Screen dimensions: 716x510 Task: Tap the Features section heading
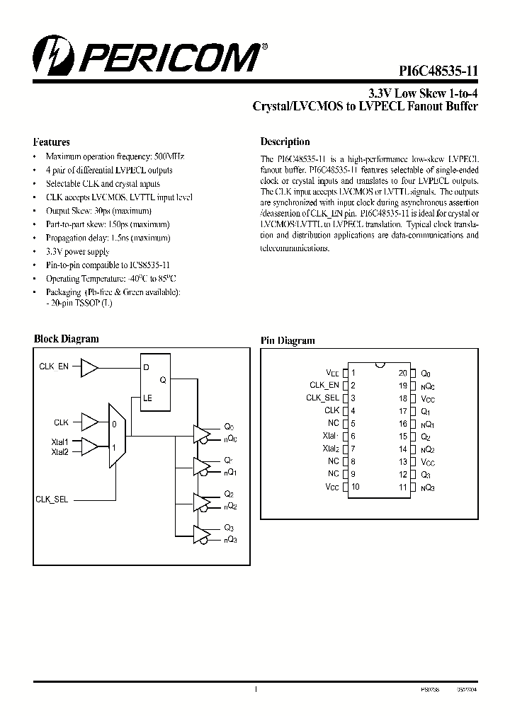[52, 142]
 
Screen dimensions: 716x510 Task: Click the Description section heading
[285, 142]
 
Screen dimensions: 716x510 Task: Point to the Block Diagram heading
[67, 339]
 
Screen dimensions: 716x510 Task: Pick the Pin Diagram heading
[288, 340]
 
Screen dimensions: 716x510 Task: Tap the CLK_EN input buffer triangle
[90, 367]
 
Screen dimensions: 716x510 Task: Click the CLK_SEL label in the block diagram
[52, 499]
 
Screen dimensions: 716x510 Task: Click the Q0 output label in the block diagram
[228, 426]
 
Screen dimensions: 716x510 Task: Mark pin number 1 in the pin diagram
[353, 372]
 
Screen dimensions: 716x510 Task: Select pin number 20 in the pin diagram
[402, 372]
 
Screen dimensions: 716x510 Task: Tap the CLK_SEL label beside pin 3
[323, 398]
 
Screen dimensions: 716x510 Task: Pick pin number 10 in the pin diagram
[355, 487]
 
